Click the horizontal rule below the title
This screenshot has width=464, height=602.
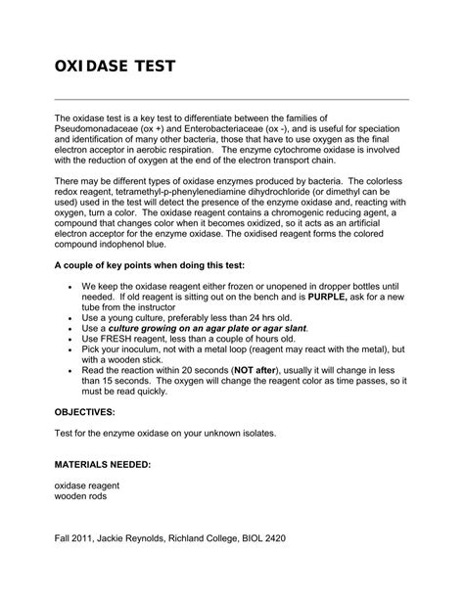[x=231, y=99]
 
